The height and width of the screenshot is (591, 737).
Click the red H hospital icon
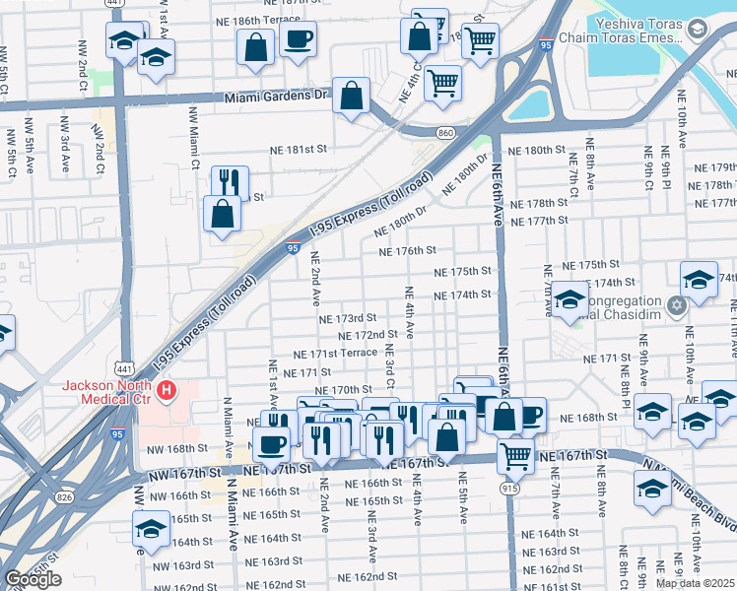[x=167, y=391]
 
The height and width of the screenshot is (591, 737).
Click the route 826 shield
[x=64, y=496]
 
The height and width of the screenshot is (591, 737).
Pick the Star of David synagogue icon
[x=676, y=303]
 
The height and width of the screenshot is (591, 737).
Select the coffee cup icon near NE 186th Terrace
[x=298, y=39]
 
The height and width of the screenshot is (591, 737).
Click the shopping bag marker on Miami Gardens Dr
[x=351, y=97]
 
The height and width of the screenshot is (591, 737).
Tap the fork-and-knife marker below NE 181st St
[x=229, y=182]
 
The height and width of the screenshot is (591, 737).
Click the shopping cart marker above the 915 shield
[x=516, y=454]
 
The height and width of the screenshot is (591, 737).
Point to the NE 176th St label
[x=408, y=251]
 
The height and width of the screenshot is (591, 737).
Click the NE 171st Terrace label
[x=335, y=353]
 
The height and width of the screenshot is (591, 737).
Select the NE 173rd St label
[x=349, y=318]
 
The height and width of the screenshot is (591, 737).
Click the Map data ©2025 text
[x=696, y=583]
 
